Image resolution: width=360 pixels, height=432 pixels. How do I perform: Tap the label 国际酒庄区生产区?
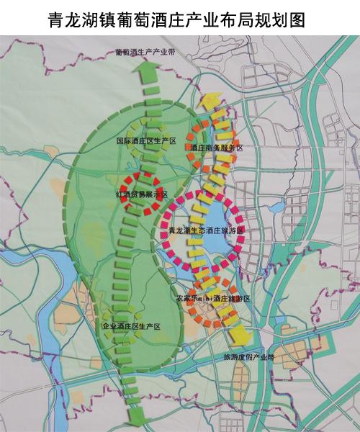[x=147, y=141]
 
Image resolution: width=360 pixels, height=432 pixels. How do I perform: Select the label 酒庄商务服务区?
[x=217, y=148]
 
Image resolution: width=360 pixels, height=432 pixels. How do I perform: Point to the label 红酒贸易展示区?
[x=141, y=194]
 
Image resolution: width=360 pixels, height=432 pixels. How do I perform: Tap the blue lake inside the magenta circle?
[x=216, y=245]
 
